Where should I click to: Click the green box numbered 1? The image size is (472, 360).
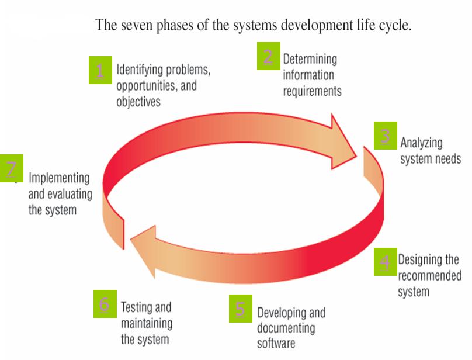click(x=100, y=70)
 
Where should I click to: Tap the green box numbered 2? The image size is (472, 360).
click(x=268, y=56)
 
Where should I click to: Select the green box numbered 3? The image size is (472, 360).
click(x=385, y=136)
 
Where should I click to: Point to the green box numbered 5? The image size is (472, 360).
click(x=240, y=308)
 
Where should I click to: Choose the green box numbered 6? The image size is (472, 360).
click(x=105, y=304)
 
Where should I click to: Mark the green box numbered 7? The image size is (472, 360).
click(x=11, y=168)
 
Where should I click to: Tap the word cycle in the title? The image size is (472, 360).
click(x=393, y=26)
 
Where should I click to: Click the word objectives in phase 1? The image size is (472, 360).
click(x=138, y=101)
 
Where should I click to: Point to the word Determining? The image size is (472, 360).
click(x=310, y=59)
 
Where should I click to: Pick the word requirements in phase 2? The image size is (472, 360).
click(x=312, y=91)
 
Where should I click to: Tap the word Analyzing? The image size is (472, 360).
click(x=421, y=143)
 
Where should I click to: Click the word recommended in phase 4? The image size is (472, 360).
click(x=429, y=275)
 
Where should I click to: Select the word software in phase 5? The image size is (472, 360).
click(x=276, y=342)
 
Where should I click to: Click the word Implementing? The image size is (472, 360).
click(x=59, y=178)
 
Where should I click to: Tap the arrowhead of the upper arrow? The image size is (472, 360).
click(x=345, y=141)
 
